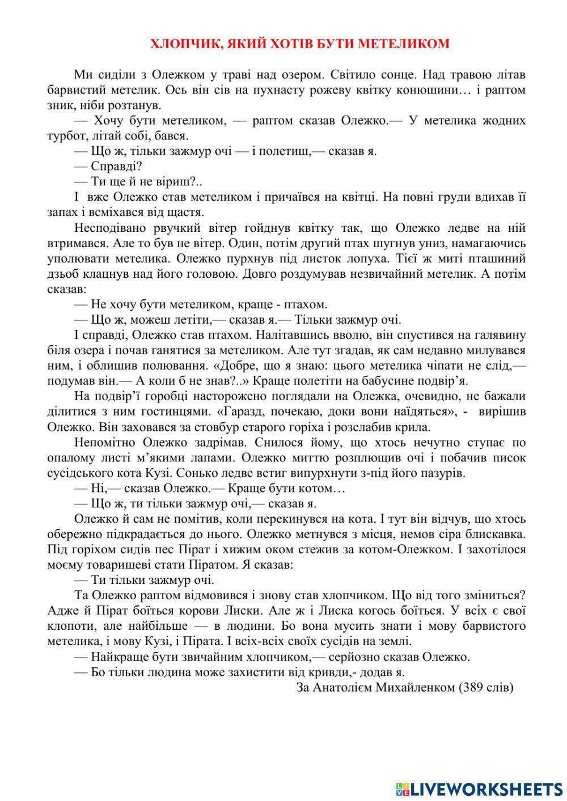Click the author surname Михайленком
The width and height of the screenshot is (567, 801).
tap(406, 688)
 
